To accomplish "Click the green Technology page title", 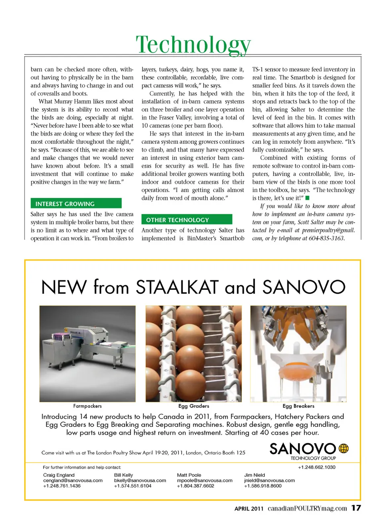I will tap(193, 44).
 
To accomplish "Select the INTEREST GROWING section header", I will tap(65, 204).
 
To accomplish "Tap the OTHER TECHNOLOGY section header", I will tap(177, 220).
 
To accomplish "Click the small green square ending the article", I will tap(307, 198).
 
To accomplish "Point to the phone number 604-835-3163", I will tap(326, 238).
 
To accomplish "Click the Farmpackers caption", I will tap(87, 406).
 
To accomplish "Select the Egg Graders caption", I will tap(193, 406).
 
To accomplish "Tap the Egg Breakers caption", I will tap(298, 406).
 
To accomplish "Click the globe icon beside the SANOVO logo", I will tap(343, 448).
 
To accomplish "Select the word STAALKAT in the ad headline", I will tap(177, 287).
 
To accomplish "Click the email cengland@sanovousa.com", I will tap(73, 480).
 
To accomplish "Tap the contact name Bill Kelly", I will tap(123, 475).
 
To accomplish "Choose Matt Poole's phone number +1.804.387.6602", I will tap(195, 486).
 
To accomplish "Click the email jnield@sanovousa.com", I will tap(269, 480).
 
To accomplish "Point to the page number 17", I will tap(356, 508).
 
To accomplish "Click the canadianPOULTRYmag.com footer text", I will tap(307, 508).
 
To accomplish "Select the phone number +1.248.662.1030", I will tap(316, 467).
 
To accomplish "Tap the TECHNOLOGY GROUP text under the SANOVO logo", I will tap(313, 458).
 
